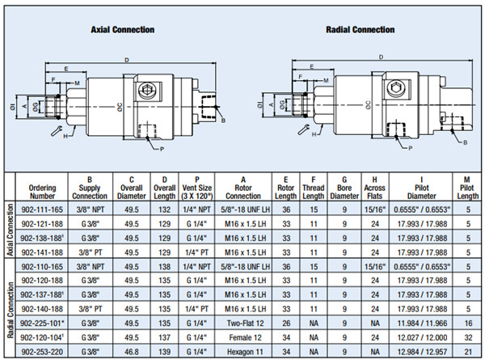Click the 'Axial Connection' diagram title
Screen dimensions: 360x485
click(x=122, y=31)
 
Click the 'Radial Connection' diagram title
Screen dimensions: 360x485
click(x=361, y=31)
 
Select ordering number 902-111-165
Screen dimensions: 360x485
click(x=41, y=208)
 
